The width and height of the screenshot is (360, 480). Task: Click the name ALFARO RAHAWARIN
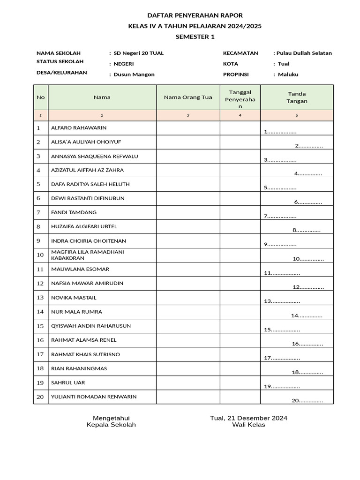(79, 127)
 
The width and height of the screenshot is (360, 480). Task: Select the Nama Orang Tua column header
(188, 97)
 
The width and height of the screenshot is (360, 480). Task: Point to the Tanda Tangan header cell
(297, 97)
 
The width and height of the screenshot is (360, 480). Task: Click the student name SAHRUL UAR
(68, 382)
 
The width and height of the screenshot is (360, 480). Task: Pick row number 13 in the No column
(40, 298)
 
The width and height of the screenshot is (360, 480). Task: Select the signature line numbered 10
(308, 259)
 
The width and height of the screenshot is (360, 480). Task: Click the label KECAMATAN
(240, 53)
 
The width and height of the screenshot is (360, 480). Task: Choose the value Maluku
(288, 75)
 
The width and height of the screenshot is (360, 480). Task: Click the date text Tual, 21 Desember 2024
(248, 418)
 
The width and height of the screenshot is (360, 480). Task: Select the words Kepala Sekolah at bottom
(111, 425)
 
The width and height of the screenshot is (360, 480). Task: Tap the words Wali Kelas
(248, 425)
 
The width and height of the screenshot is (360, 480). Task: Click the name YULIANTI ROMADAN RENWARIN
(94, 397)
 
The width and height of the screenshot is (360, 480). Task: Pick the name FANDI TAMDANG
(74, 212)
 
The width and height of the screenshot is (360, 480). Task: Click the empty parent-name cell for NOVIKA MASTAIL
(188, 298)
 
